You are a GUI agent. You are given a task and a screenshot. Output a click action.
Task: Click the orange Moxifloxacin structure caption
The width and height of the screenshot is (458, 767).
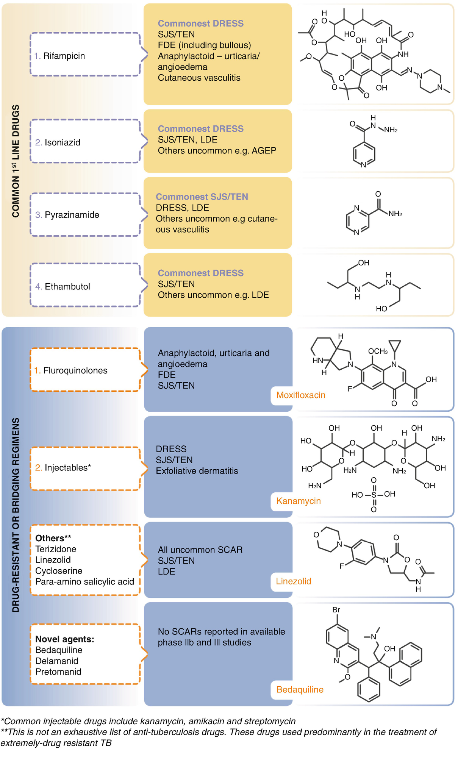point(300,395)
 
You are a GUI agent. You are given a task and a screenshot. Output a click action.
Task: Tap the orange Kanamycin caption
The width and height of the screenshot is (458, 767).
point(298,501)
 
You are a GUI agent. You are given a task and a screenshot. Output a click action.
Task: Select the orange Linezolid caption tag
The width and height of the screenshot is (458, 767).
point(293,581)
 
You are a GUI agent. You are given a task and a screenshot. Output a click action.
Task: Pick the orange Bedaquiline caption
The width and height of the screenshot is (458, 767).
point(300,689)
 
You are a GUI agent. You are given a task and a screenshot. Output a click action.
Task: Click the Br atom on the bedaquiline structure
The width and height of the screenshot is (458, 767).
point(336,610)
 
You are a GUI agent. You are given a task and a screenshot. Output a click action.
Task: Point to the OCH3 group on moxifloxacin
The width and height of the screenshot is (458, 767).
point(378,351)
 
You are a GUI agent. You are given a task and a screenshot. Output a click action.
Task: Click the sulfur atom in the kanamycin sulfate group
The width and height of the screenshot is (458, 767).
point(374,495)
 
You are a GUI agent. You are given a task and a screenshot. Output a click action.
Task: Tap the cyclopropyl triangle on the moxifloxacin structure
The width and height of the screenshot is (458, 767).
point(395,345)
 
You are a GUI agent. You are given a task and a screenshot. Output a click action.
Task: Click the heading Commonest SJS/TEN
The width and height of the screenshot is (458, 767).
point(202,197)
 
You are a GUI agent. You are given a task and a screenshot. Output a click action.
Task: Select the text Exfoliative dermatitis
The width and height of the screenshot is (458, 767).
point(197,471)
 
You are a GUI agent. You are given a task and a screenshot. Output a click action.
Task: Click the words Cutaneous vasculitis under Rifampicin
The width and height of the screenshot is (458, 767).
point(199,78)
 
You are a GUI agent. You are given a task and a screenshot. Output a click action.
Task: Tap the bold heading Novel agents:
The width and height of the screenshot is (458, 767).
point(64,639)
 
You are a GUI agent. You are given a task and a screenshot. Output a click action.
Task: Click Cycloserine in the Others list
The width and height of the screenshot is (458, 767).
point(59,571)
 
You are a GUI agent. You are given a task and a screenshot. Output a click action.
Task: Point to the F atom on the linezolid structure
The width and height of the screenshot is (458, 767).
point(342,566)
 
